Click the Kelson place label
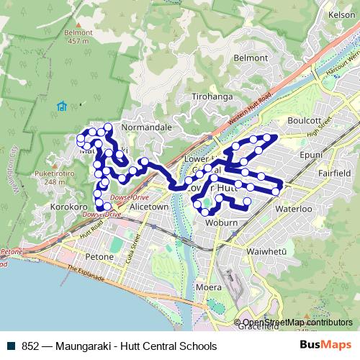(341, 14)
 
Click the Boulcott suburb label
(302, 121)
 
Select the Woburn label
(220, 223)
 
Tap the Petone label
(100, 257)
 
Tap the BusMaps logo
(325, 346)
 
